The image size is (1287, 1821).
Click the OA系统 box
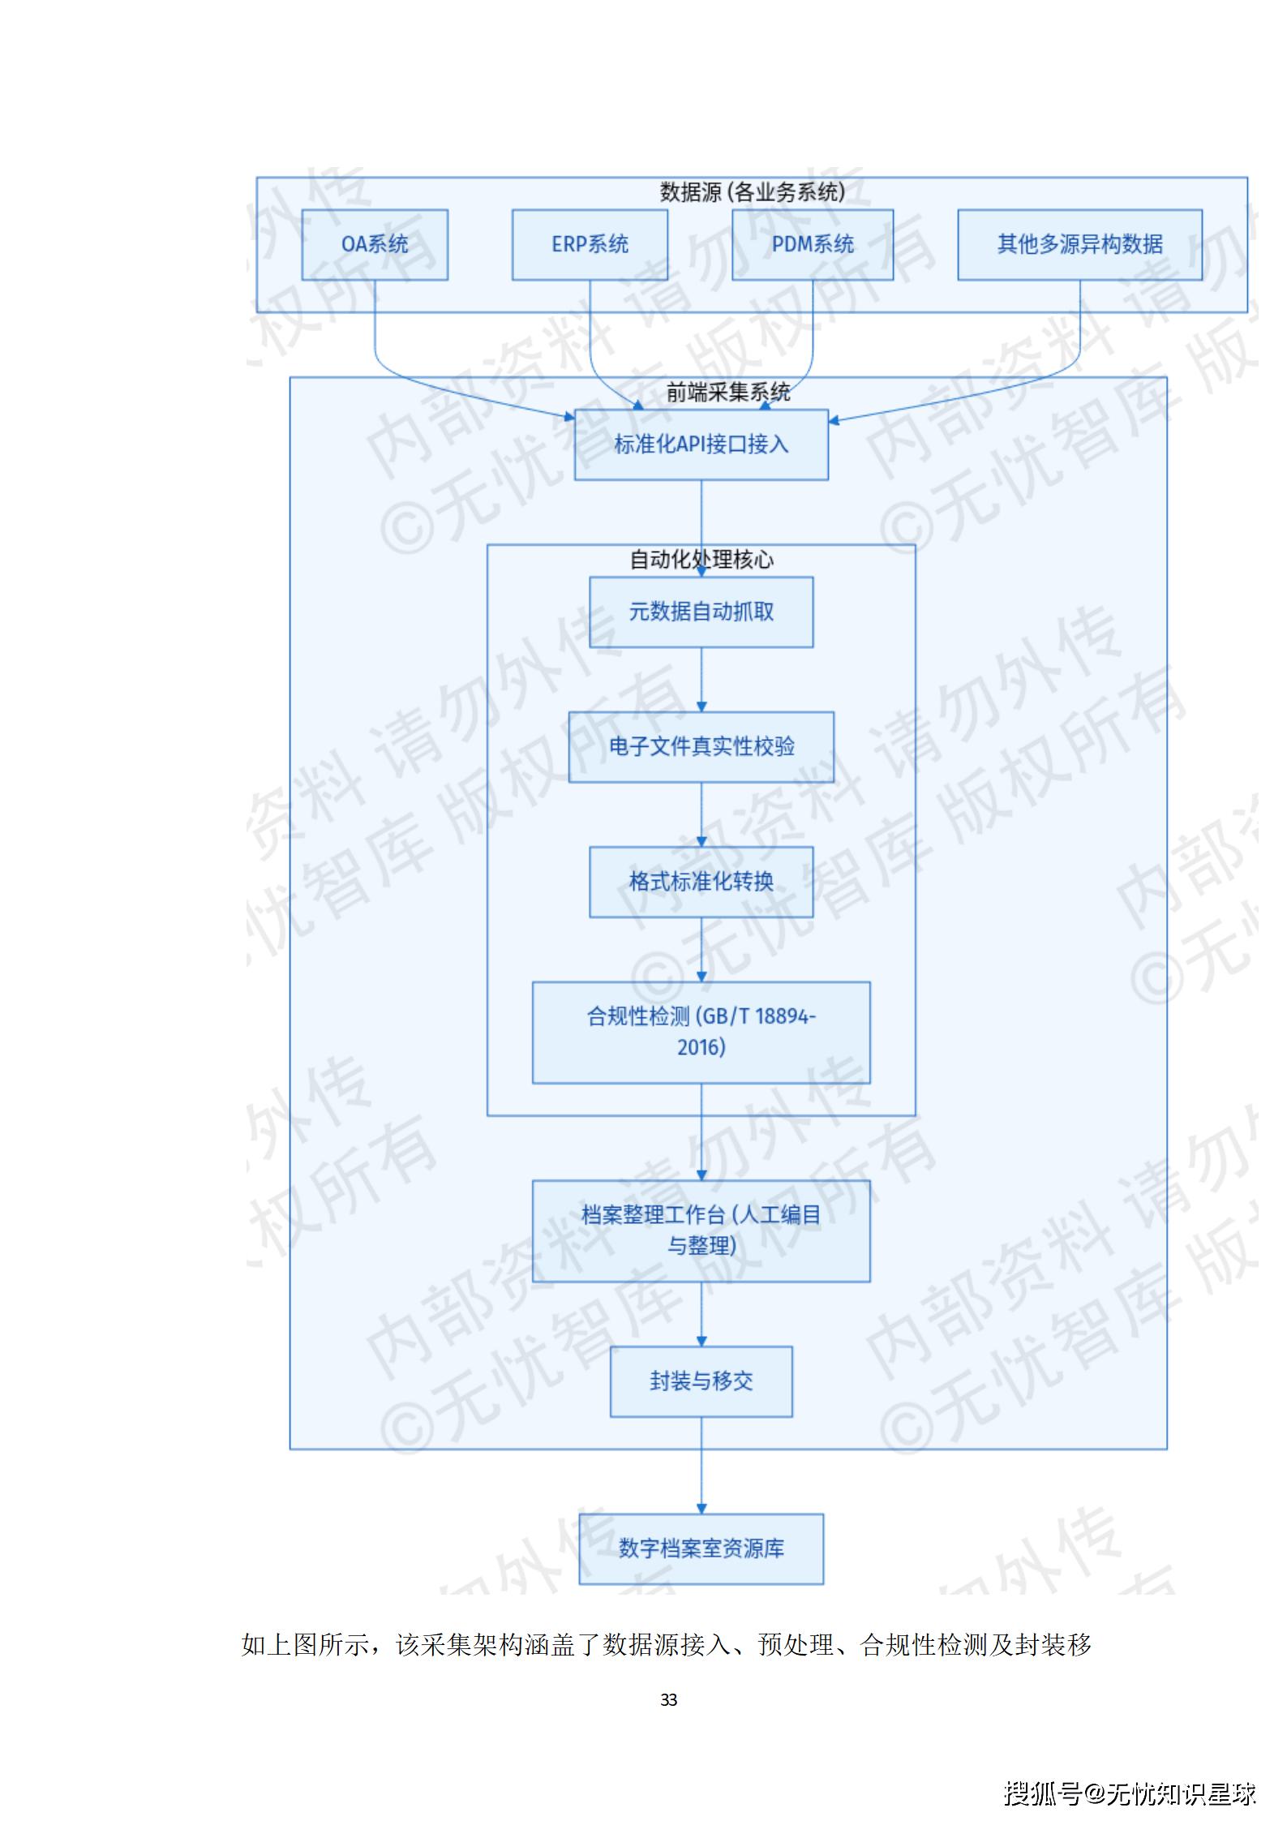click(375, 244)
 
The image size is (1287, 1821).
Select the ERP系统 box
click(590, 244)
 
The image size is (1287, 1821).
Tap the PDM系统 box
click(813, 244)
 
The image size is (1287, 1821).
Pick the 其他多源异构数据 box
click(1079, 244)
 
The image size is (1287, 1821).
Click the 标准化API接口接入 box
click(701, 445)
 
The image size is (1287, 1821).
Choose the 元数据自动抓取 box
click(701, 612)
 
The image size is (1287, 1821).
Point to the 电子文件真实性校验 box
click(701, 746)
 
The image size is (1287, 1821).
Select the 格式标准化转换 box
click(701, 882)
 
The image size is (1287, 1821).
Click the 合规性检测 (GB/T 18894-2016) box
click(701, 1032)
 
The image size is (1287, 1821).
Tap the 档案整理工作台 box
click(701, 1230)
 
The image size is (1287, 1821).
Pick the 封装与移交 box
click(701, 1381)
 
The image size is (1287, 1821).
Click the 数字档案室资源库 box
click(701, 1548)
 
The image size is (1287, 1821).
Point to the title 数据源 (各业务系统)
click(752, 192)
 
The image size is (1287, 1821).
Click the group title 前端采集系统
click(727, 393)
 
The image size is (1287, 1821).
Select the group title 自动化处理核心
click(701, 560)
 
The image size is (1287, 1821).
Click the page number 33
click(668, 1699)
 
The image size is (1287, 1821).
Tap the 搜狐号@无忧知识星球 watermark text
click(1129, 1793)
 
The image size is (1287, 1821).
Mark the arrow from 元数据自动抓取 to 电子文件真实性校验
click(701, 680)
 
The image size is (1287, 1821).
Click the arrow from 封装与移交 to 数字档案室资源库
click(701, 1465)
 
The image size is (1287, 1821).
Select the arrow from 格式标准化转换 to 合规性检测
click(701, 949)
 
